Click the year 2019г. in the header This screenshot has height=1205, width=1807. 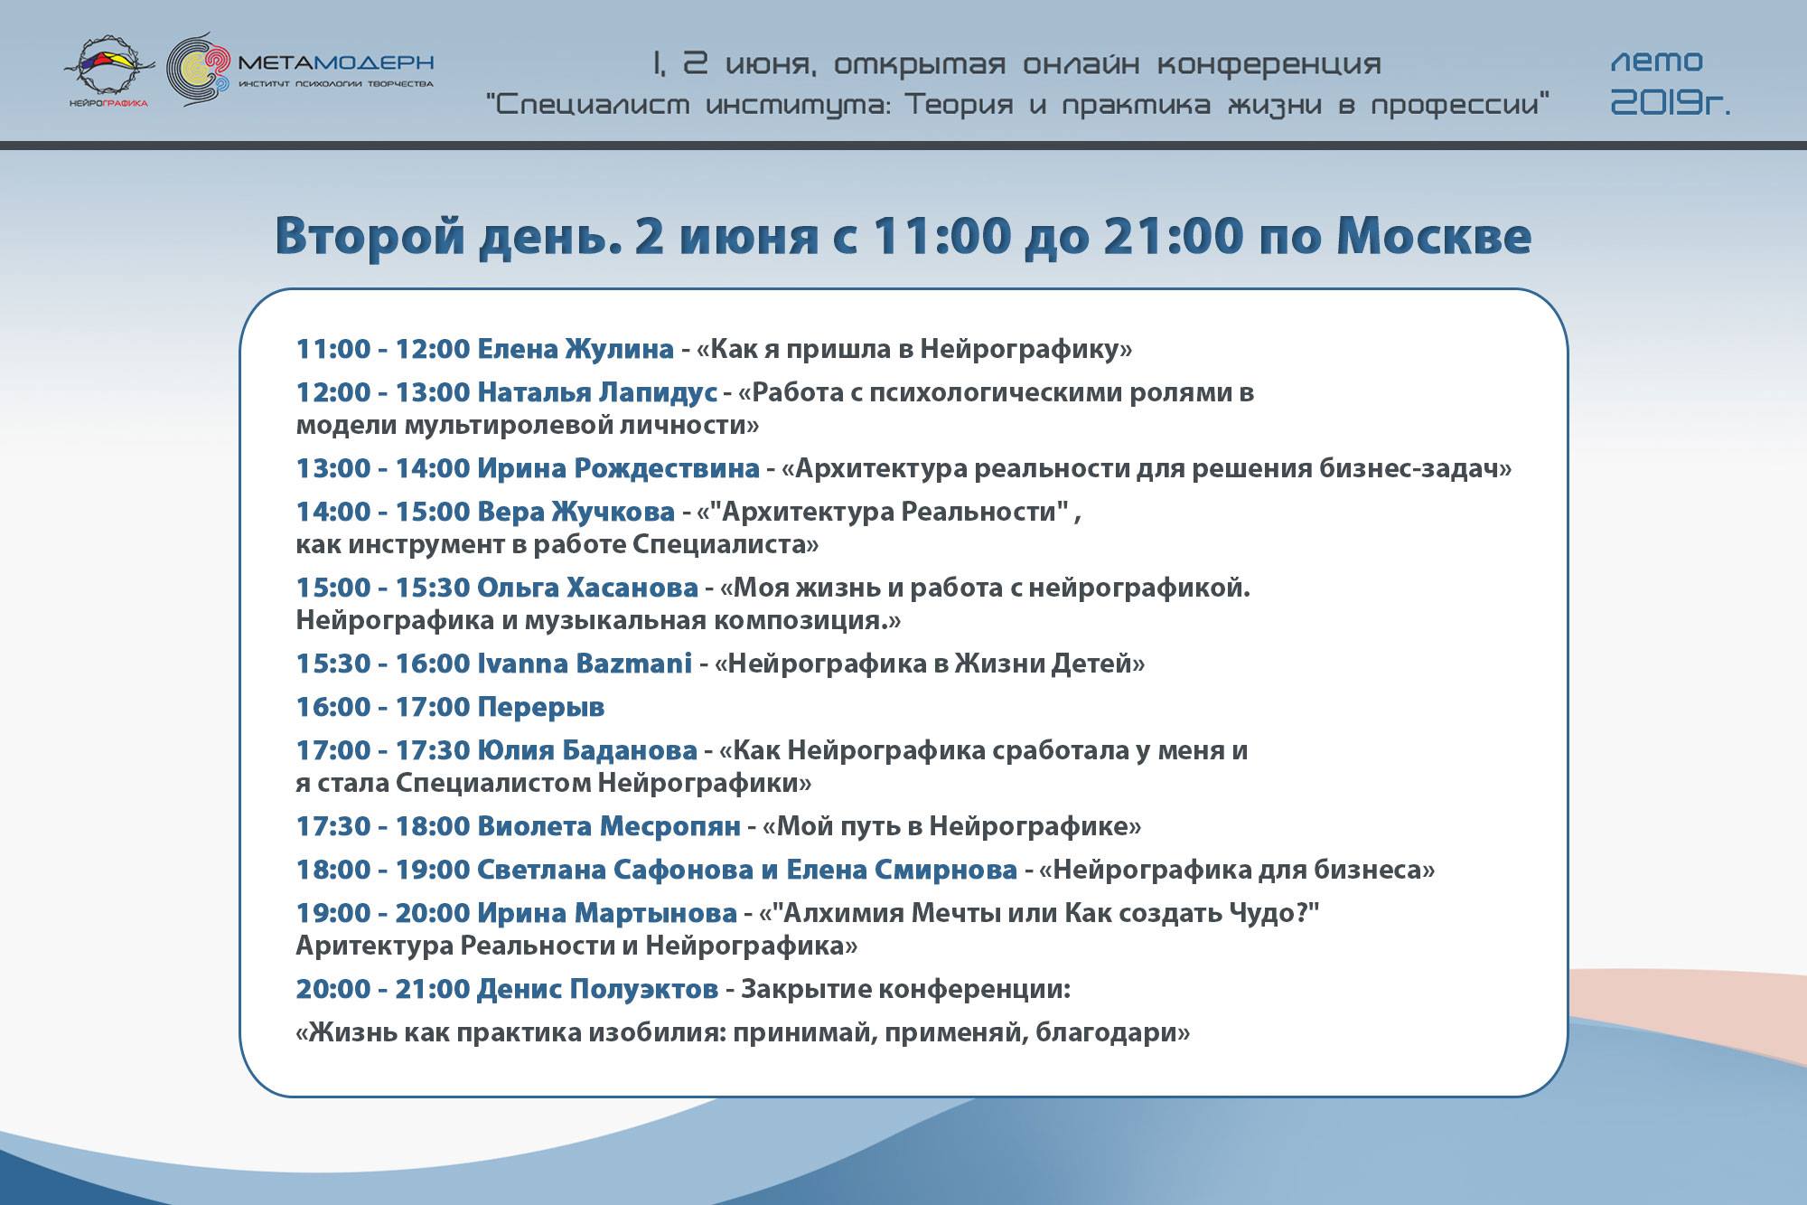tap(1671, 104)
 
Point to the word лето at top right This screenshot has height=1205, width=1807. tap(1657, 61)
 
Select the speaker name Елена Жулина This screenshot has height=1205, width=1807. tap(576, 349)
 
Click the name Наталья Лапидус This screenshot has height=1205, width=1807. tap(597, 392)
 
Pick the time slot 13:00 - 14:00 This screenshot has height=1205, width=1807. tap(383, 468)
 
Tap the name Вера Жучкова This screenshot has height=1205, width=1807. tap(576, 512)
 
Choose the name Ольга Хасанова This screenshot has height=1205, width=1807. tap(587, 588)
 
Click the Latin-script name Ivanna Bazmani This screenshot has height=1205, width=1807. tap(585, 664)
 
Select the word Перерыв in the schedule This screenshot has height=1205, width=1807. tap(541, 708)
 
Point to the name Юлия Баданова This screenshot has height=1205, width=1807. tap(587, 750)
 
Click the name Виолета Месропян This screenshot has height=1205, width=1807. tap(609, 826)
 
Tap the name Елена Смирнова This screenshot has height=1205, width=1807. tap(902, 870)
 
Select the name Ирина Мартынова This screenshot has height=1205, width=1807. tap(607, 913)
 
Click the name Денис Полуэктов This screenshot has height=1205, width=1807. tap(597, 989)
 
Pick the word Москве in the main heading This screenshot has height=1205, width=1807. tap(1434, 236)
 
